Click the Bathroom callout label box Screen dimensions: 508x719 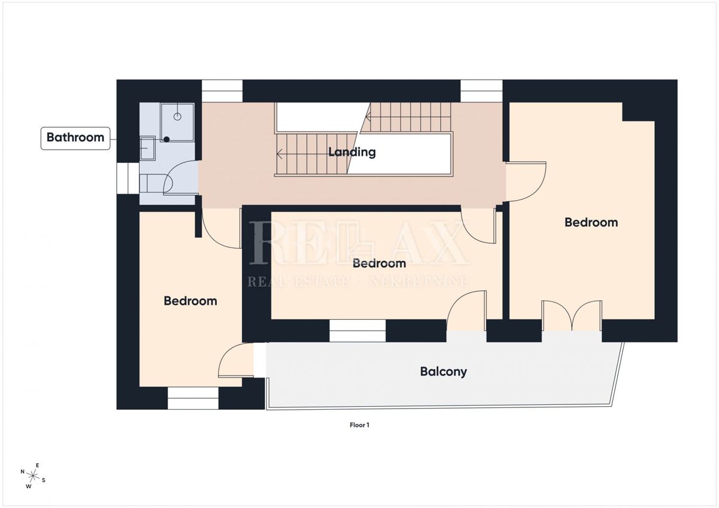click(x=75, y=137)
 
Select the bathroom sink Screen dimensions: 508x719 click(x=147, y=148)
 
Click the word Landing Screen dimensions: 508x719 click(x=352, y=152)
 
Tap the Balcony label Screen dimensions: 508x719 click(x=443, y=371)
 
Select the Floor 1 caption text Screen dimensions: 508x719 click(x=359, y=425)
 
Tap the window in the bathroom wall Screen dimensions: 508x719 click(x=128, y=179)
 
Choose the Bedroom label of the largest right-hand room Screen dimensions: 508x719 click(x=591, y=222)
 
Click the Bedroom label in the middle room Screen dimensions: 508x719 click(x=379, y=263)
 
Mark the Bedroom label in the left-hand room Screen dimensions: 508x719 click(x=190, y=301)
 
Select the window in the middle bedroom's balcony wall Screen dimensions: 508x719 click(x=358, y=331)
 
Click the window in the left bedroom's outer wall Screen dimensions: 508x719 click(x=193, y=398)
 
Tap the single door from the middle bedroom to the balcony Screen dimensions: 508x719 click(x=467, y=312)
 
